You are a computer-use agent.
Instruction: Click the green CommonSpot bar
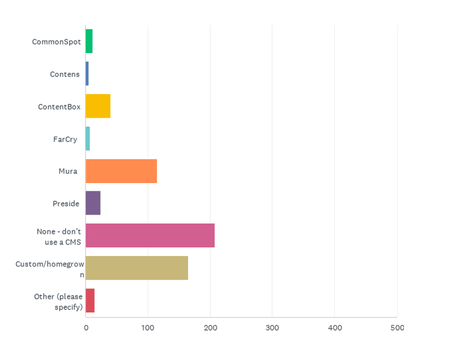(89, 41)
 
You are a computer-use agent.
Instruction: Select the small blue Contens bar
(87, 74)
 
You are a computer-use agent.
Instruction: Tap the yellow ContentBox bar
(98, 106)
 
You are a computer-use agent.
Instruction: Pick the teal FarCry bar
(87, 138)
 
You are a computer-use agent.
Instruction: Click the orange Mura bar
(121, 171)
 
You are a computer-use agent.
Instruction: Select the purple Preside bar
(93, 203)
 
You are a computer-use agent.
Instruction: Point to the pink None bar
(150, 236)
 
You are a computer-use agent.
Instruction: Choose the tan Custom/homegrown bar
(137, 268)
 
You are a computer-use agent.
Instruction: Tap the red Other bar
(90, 300)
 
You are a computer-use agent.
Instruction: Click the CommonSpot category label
(56, 42)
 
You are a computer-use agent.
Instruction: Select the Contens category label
(65, 74)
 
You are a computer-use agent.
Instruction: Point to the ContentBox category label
(59, 107)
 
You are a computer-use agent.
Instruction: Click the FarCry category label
(65, 139)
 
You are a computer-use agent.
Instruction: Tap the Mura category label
(68, 171)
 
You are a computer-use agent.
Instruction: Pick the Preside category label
(66, 204)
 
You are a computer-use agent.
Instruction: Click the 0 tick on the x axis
(86, 328)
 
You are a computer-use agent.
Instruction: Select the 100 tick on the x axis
(148, 328)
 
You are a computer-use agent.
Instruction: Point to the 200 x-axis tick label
(210, 328)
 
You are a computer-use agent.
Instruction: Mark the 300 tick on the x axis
(272, 328)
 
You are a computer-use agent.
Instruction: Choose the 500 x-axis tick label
(397, 328)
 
